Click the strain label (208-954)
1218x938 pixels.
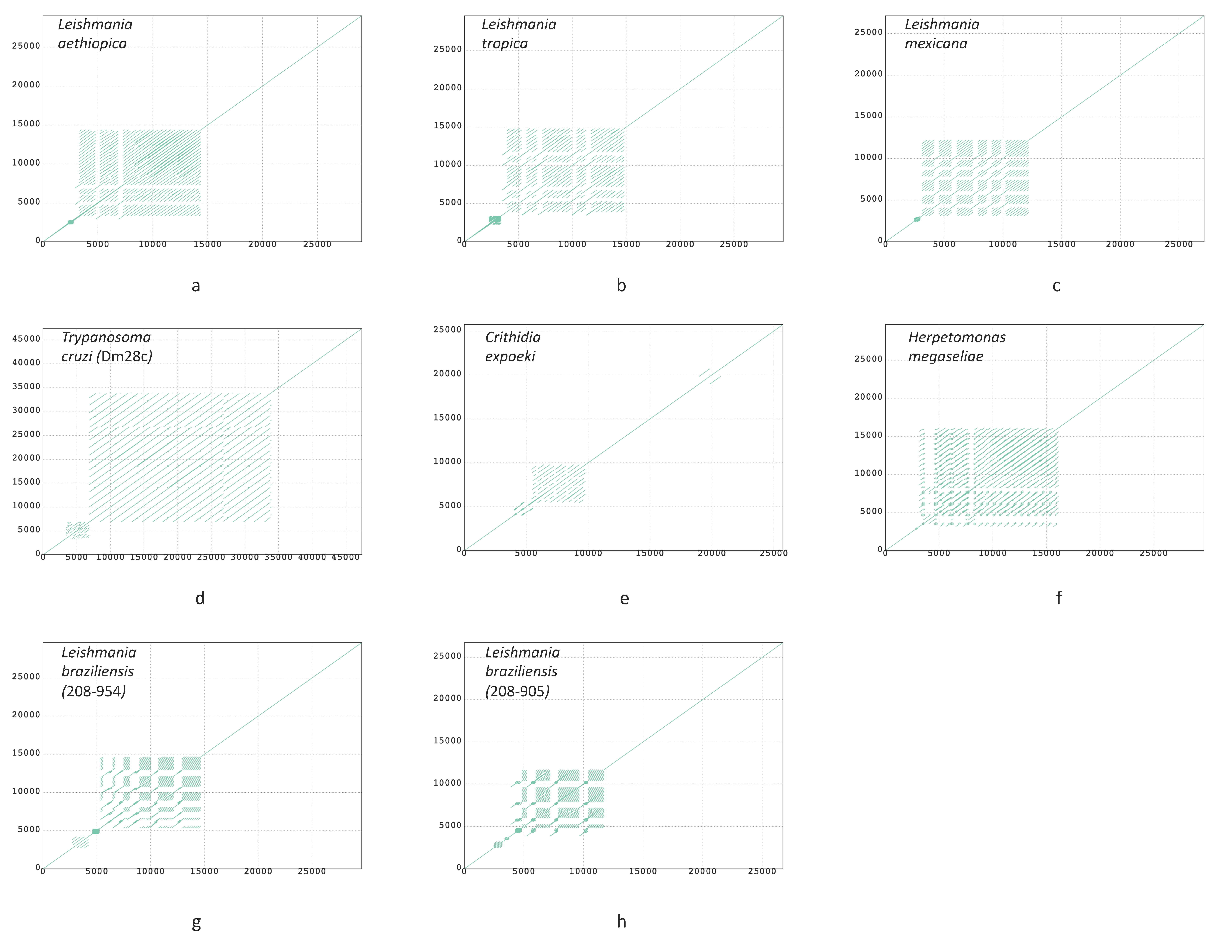coord(94,691)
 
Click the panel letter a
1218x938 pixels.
coord(196,286)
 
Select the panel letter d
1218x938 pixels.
coord(200,598)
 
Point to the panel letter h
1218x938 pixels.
coord(621,921)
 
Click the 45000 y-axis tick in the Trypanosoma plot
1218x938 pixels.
coord(26,339)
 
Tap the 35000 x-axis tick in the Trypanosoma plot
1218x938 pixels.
coord(278,557)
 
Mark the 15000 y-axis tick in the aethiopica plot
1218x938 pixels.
coord(26,124)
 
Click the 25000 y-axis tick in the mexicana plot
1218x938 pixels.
coord(868,32)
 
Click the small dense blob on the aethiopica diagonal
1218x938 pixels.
coord(70,222)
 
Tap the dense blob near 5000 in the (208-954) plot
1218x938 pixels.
coord(96,831)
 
